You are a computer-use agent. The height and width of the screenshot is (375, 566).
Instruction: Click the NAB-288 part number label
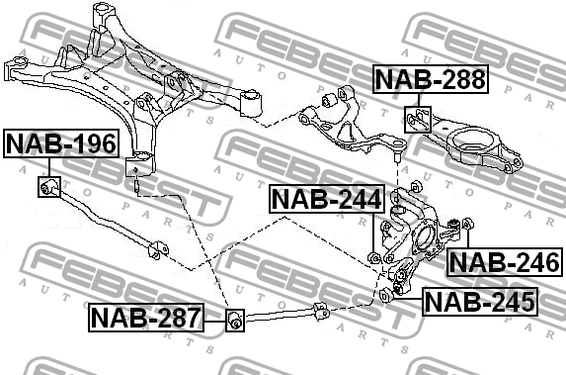[x=430, y=79]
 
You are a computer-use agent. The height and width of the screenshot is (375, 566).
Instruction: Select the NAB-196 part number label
[x=60, y=144]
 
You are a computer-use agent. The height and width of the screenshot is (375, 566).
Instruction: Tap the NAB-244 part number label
[x=326, y=201]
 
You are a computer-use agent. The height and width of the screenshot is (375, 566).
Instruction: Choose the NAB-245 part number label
[x=479, y=300]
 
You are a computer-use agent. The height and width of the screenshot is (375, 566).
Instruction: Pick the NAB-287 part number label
[x=145, y=318]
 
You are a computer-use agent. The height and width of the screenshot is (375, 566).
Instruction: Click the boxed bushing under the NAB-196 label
[x=48, y=186]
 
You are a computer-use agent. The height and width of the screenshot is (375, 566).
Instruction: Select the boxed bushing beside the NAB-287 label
[x=235, y=320]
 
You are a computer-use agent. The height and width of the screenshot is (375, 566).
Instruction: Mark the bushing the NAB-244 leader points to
[x=374, y=259]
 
